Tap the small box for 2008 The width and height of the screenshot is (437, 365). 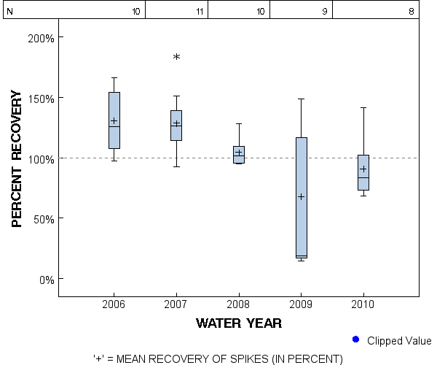239,155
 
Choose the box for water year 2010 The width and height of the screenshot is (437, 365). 363,172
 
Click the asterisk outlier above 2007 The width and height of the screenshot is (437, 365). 176,57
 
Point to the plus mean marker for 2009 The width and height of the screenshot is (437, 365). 301,196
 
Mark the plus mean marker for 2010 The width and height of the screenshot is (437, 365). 363,169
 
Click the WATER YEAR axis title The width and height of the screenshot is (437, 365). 239,323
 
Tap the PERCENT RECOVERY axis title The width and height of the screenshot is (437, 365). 18,158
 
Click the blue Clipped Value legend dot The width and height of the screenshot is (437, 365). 356,339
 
